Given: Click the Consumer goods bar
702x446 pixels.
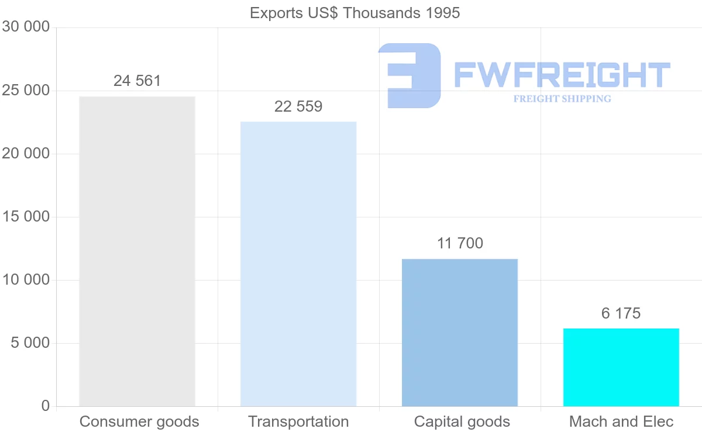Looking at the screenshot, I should click(137, 251).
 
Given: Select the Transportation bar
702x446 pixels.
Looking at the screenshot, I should click(298, 264).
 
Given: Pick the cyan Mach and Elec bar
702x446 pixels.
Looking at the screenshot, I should click(621, 367).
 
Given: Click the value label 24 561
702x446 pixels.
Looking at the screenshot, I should click(137, 81).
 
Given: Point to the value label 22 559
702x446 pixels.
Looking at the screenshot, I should click(298, 106).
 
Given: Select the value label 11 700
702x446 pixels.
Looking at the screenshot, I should click(460, 243).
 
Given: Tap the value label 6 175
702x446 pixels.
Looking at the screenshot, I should click(621, 313).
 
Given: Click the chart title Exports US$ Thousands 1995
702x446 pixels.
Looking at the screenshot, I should click(355, 13).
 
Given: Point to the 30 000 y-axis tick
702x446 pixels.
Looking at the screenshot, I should click(25, 27).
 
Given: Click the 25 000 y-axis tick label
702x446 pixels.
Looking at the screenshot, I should click(25, 91).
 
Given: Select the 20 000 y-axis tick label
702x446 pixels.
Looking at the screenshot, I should click(25, 154).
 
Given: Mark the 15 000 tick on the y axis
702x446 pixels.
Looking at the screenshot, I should click(25, 217).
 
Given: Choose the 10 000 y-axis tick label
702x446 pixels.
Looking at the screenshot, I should click(25, 280).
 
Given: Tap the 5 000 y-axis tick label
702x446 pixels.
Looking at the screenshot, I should click(30, 343).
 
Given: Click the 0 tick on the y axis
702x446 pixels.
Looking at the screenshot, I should click(46, 406).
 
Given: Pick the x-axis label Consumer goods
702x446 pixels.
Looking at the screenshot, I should click(139, 421).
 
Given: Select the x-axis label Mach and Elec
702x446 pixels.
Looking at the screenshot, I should click(621, 421).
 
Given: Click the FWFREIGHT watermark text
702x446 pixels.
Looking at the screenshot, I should click(562, 75).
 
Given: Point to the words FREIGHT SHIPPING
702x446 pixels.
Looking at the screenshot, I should click(562, 99).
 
